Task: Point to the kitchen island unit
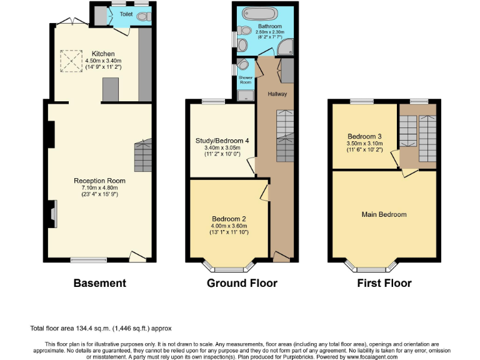point(110,89)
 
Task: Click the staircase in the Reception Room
point(143,156)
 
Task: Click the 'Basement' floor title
point(99,283)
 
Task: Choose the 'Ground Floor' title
point(242,283)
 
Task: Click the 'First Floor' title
point(384,283)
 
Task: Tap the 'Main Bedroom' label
point(384,214)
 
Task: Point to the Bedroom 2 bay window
point(231,269)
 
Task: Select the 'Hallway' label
point(277,94)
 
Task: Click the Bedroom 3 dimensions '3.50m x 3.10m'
point(365,143)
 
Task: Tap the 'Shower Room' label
point(245,80)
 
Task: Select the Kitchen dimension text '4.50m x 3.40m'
point(103,60)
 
